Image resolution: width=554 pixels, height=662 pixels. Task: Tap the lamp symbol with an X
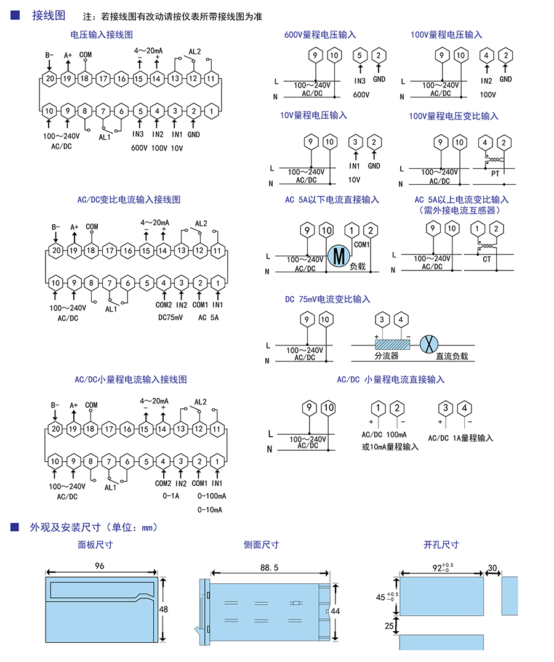[427, 345]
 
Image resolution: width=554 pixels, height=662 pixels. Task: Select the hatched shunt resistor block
[392, 345]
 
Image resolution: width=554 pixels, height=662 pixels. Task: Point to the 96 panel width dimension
[99, 565]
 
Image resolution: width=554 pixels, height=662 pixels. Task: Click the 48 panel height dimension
[164, 608]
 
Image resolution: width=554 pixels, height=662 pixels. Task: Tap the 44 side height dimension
[335, 611]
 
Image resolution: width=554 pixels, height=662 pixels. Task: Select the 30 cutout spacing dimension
[492, 567]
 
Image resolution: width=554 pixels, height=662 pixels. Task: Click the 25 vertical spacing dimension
[389, 626]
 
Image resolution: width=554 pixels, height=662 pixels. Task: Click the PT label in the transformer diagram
[495, 174]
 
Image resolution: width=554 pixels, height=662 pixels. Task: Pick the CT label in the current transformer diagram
[487, 259]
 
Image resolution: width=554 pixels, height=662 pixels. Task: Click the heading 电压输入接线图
[102, 35]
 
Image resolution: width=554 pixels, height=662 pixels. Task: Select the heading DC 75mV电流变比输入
[327, 299]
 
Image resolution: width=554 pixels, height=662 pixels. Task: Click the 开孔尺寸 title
[441, 544]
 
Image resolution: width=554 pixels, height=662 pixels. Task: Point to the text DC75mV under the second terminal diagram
[171, 317]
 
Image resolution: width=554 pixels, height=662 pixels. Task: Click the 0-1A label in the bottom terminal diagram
[171, 496]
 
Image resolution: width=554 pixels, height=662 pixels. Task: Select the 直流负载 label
[452, 356]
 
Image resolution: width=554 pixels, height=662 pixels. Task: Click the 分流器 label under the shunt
[387, 356]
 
